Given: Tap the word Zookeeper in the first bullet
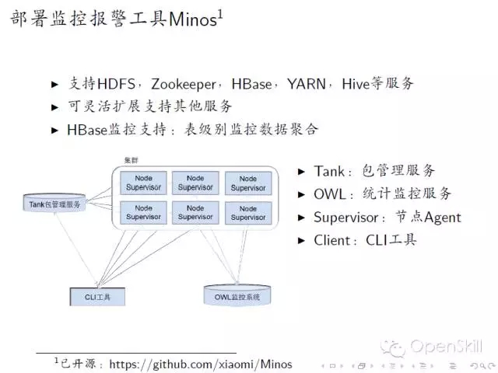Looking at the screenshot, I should coord(189,83).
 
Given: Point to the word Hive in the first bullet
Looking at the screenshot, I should coord(357,83).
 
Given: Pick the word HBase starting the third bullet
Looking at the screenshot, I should coord(88,130).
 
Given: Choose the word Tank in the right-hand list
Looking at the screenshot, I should coord(330,171).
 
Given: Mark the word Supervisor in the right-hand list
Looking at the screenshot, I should coord(350,218).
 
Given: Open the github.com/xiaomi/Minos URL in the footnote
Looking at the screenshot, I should coord(201,363).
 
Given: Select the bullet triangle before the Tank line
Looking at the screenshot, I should coord(302,171).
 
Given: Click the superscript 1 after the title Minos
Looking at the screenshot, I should coord(220,14).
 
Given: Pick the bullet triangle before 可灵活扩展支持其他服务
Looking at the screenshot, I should coord(55,106).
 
